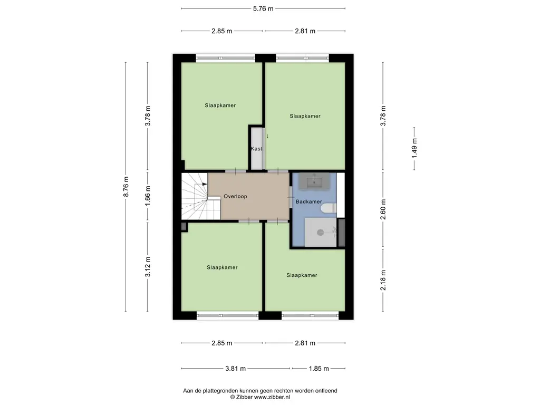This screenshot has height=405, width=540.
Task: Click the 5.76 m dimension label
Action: (x=263, y=8)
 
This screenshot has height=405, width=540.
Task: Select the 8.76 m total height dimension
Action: (x=126, y=187)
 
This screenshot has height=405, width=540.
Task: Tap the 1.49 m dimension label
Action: (x=414, y=148)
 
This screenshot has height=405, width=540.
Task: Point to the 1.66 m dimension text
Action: (x=148, y=196)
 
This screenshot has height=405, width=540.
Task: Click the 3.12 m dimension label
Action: (x=148, y=267)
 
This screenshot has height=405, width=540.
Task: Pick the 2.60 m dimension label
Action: (x=383, y=209)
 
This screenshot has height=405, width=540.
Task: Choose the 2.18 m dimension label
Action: (x=383, y=280)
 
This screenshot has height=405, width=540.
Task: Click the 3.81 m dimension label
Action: (x=236, y=369)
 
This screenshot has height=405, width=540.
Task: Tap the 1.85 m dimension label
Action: (x=319, y=369)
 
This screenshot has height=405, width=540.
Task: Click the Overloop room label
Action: (x=235, y=196)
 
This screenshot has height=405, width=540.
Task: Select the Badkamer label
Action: (x=309, y=201)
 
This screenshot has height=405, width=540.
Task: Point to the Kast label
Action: (x=256, y=149)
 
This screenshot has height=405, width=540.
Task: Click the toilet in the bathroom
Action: (x=329, y=208)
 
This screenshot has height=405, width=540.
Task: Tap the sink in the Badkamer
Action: (x=314, y=181)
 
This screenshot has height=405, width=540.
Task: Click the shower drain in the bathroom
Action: (x=320, y=233)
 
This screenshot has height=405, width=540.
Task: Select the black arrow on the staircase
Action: (x=205, y=184)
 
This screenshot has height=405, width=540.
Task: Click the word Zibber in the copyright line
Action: (x=244, y=397)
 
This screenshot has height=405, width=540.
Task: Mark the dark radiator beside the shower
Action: (x=342, y=233)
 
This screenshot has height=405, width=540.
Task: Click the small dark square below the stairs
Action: (x=184, y=227)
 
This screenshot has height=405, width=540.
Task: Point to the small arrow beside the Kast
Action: (x=267, y=137)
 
